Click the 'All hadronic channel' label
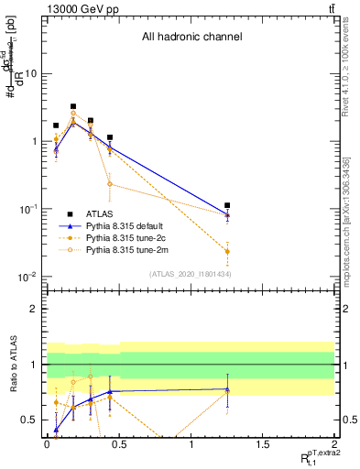point(191,38)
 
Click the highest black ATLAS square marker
point(73,106)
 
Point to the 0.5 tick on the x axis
point(118,442)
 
